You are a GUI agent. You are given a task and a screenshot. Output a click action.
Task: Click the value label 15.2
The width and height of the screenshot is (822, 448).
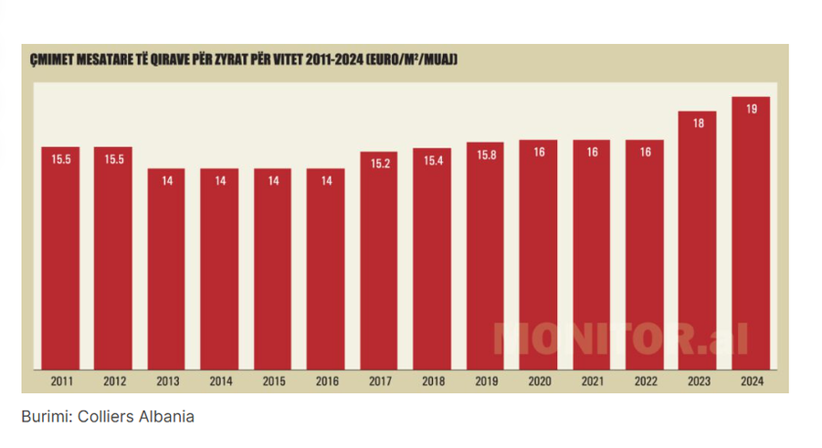[379, 165]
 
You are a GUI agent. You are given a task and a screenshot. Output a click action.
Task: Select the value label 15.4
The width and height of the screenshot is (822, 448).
[432, 162]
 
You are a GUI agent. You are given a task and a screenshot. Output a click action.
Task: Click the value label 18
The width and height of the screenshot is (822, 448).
[698, 123]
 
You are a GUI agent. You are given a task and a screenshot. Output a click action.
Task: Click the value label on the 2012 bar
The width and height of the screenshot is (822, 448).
[114, 159]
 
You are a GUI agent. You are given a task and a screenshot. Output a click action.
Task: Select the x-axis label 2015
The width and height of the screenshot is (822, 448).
[273, 381]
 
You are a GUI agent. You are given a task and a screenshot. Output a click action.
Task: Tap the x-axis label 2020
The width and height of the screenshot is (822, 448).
[539, 381]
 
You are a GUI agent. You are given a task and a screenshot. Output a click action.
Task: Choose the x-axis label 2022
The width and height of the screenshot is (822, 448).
[645, 381]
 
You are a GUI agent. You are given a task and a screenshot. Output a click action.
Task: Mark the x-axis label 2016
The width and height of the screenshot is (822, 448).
[326, 381]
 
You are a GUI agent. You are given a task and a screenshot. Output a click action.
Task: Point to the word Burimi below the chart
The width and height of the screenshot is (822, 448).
[45, 417]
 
